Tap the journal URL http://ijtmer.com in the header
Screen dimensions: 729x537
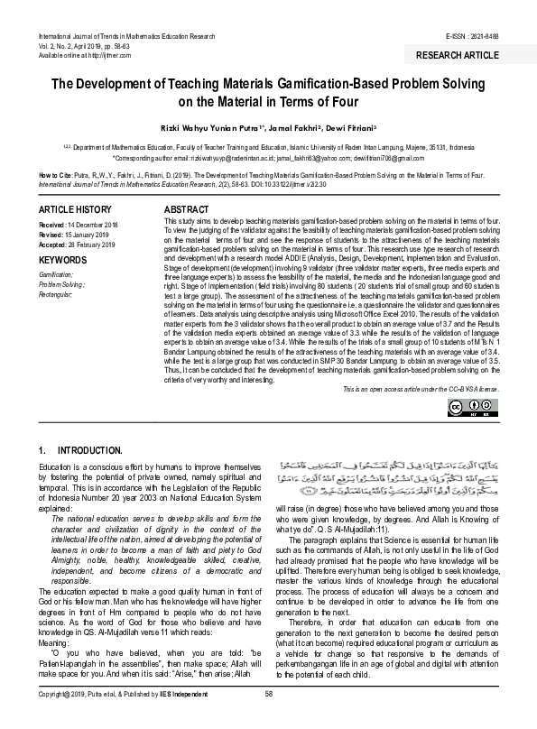click(x=107, y=54)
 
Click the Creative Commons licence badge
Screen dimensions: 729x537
click(x=486, y=408)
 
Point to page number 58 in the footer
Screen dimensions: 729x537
click(x=268, y=718)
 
